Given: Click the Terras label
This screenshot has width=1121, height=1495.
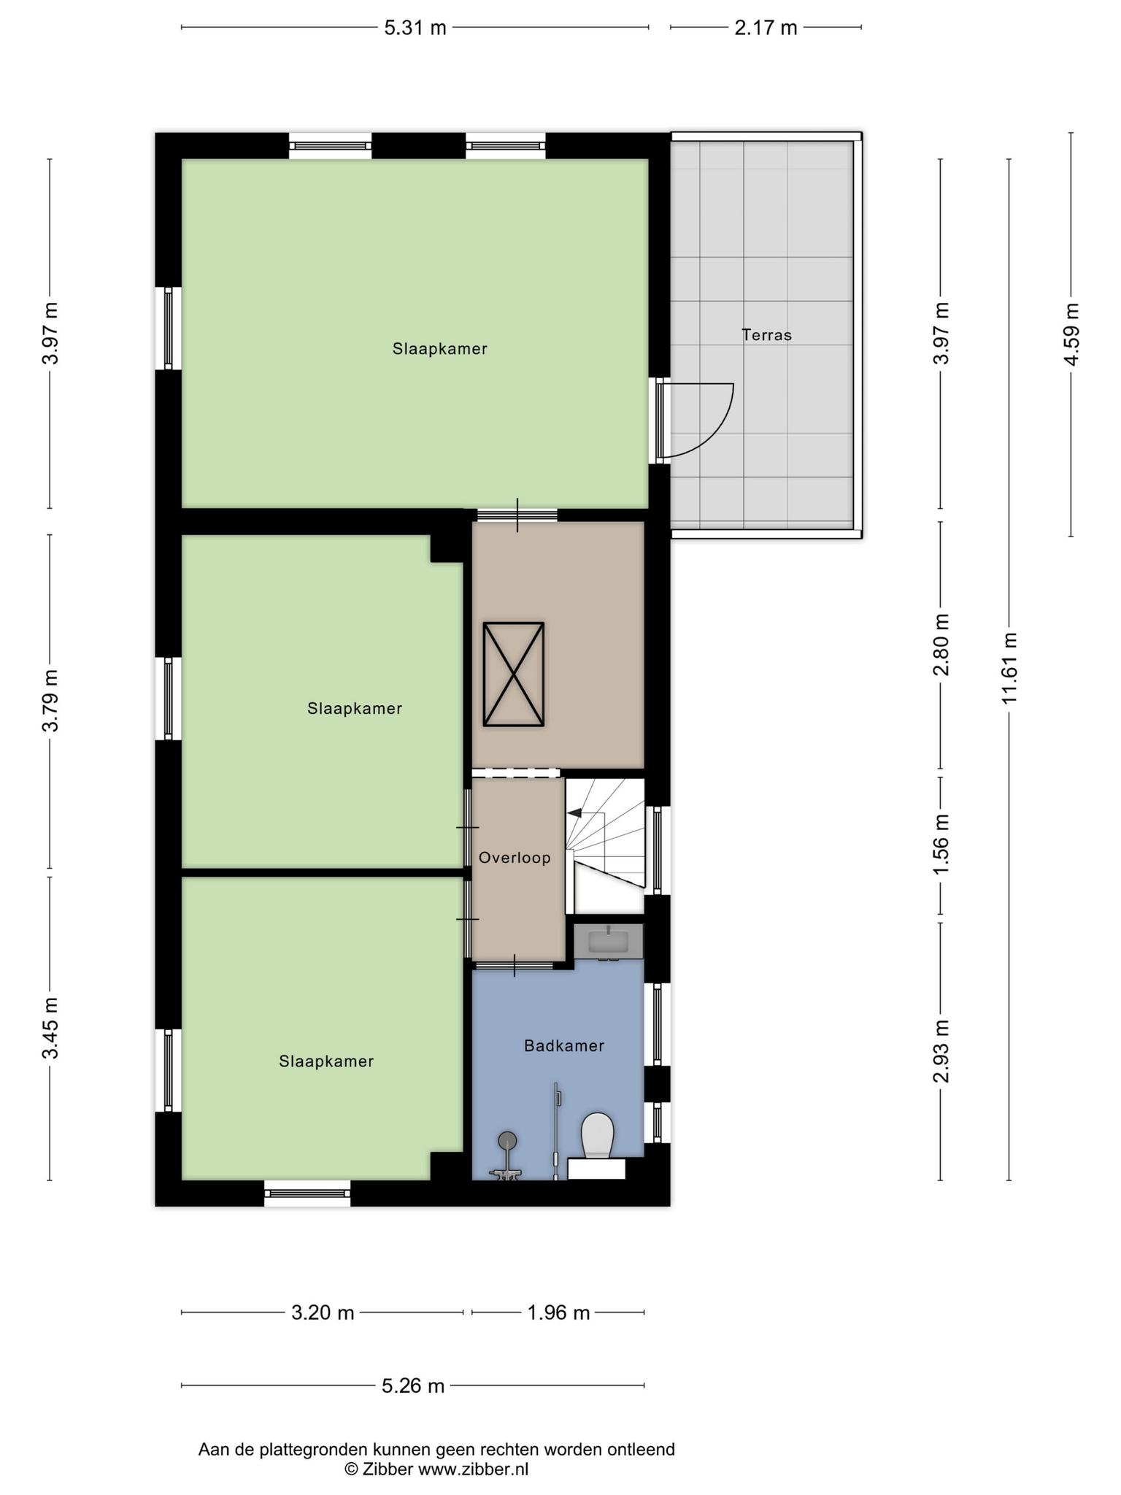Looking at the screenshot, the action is [766, 335].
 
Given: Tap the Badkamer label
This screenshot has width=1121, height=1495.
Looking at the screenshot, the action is [564, 1046].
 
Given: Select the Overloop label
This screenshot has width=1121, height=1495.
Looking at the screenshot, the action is [515, 858].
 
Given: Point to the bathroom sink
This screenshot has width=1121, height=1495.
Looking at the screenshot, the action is [608, 942].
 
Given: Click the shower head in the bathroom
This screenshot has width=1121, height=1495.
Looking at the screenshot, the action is [507, 1140].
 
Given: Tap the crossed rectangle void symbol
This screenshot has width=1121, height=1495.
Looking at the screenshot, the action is [514, 675].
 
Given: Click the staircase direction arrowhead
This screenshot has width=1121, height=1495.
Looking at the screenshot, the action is [574, 812].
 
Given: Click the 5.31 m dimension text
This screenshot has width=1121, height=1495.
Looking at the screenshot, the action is [415, 28].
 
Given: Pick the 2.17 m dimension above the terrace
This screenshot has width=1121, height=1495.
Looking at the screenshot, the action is [766, 28].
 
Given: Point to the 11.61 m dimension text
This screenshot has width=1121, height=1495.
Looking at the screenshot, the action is [1009, 668].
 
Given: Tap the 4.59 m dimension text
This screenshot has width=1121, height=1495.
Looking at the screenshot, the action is [1071, 334].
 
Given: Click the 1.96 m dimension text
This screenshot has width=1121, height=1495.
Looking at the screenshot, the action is [558, 1313].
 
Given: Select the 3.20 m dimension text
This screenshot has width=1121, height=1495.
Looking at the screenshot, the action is [323, 1313].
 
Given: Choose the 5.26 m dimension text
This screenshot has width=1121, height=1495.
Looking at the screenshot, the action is [413, 1386].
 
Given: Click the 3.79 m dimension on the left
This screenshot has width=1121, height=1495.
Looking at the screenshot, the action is [50, 700].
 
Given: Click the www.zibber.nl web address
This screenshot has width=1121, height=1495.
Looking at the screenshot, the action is [473, 1469].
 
